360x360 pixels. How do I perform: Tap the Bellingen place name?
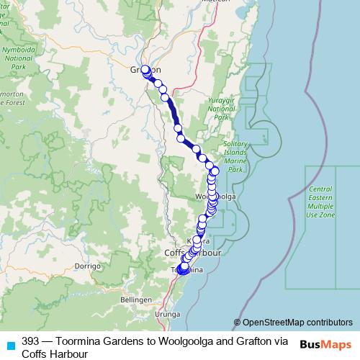point(137,299)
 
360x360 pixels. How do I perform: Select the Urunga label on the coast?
point(168,315)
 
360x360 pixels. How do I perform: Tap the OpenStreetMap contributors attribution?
point(297,323)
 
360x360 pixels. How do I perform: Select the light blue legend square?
point(10,344)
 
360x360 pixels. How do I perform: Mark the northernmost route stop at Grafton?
point(146,70)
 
